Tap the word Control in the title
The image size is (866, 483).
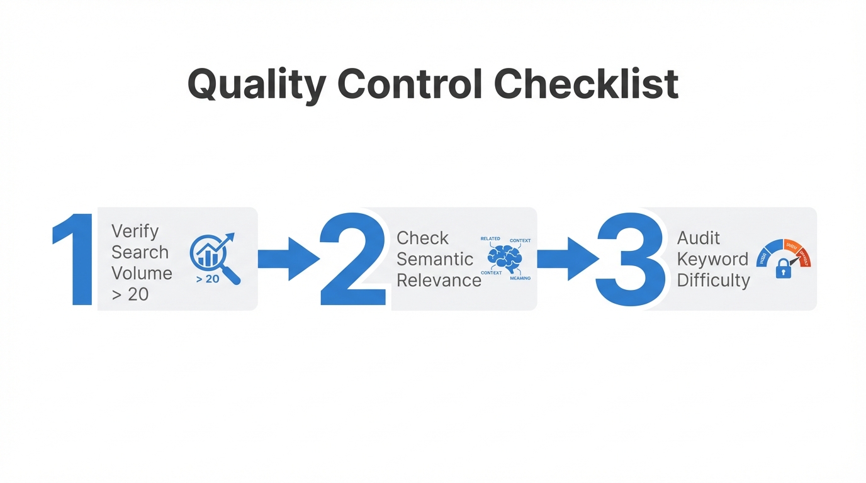pyautogui.click(x=410, y=84)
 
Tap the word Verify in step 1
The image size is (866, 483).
pyautogui.click(x=135, y=231)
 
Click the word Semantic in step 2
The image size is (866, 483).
pyautogui.click(x=435, y=259)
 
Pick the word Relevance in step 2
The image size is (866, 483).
pyautogui.click(x=439, y=280)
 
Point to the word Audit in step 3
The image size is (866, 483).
pyautogui.click(x=699, y=238)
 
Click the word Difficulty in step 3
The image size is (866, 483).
pyautogui.click(x=713, y=280)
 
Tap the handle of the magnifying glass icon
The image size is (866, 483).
pyautogui.click(x=231, y=275)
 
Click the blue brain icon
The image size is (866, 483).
pyautogui.click(x=505, y=258)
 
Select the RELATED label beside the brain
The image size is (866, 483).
pyautogui.click(x=490, y=239)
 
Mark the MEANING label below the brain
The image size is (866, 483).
pyautogui.click(x=520, y=278)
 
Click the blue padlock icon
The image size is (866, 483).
pyautogui.click(x=783, y=269)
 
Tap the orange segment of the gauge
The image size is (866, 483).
pyautogui.click(x=789, y=245)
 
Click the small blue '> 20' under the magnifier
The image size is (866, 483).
pyautogui.click(x=208, y=279)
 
